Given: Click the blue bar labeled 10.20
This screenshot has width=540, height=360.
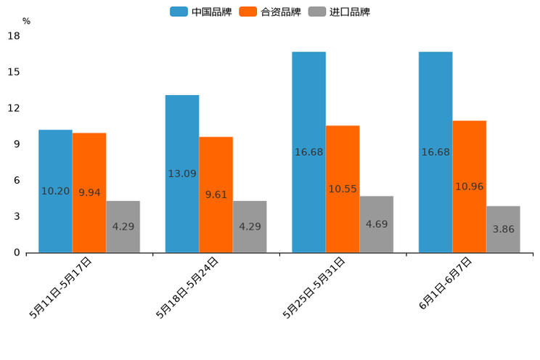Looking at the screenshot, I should (x=55, y=191).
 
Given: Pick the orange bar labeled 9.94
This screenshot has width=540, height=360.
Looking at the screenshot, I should (x=89, y=192).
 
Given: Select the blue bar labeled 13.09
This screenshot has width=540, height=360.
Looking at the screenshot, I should (x=182, y=173).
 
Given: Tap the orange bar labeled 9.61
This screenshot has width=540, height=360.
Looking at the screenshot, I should (x=216, y=195).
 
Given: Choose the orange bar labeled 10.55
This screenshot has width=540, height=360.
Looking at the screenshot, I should (x=343, y=189).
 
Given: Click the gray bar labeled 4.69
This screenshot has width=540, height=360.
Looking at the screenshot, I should (x=376, y=224).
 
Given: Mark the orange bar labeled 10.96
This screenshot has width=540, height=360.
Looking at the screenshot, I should (x=469, y=187).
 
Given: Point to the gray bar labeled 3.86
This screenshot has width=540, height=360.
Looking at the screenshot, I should (x=503, y=229).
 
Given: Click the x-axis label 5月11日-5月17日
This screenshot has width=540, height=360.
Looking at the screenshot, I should (x=61, y=287).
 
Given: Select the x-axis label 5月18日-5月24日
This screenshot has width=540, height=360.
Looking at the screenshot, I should (x=187, y=287).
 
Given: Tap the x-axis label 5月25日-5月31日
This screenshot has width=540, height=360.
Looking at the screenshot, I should (x=314, y=287).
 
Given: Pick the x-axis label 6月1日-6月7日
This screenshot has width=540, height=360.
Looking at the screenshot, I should (x=445, y=284).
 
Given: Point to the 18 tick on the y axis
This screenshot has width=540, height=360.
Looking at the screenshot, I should (x=13, y=36).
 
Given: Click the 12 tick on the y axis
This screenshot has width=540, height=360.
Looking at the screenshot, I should (x=13, y=108).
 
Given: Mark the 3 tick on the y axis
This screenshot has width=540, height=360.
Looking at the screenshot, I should (x=16, y=216).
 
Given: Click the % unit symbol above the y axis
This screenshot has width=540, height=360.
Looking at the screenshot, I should (x=26, y=21).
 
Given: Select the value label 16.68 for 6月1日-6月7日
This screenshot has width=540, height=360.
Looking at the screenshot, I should (x=435, y=152).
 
